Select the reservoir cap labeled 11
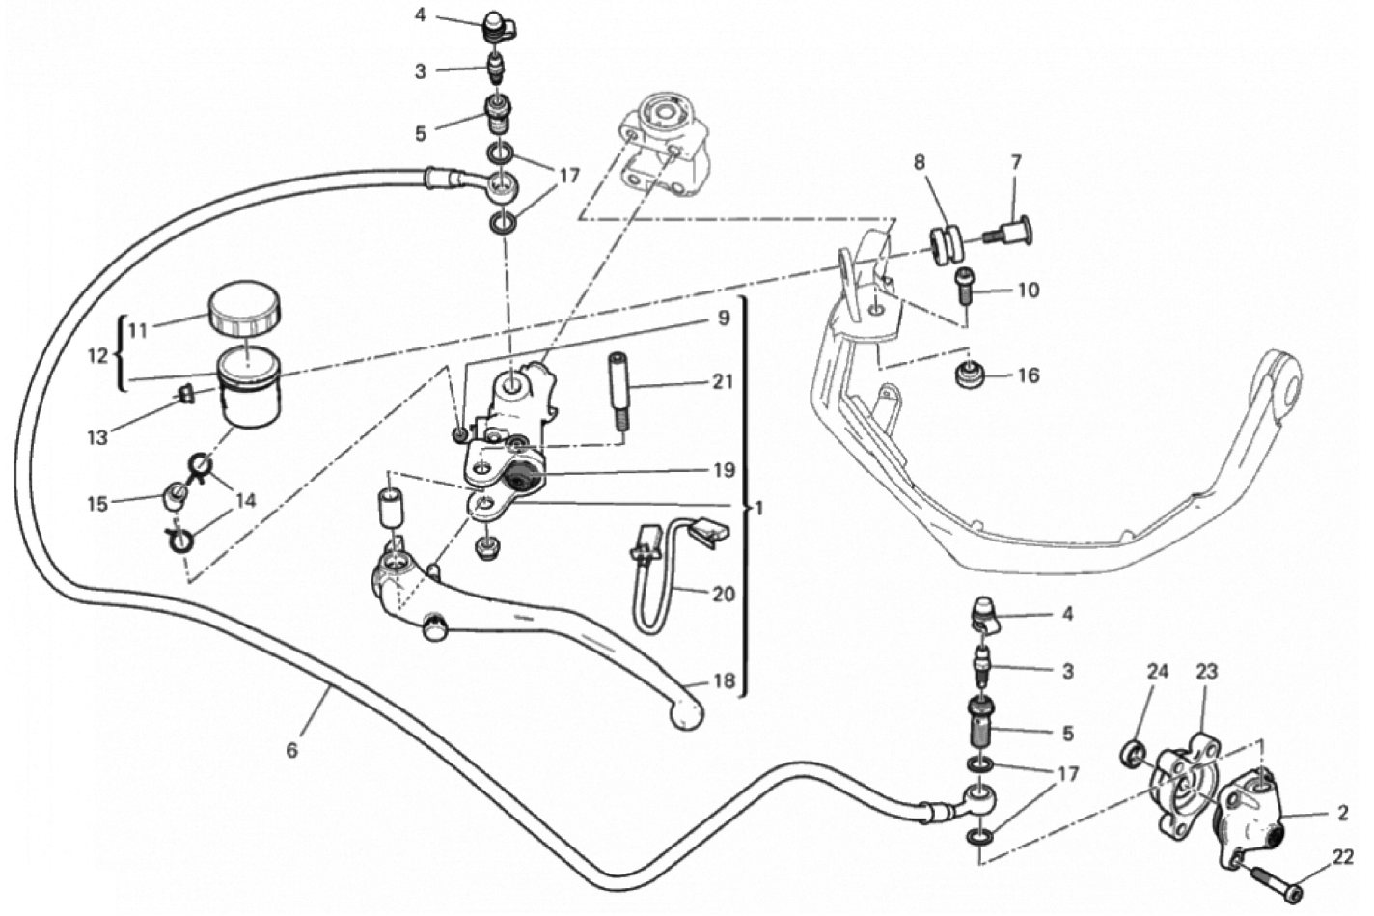click(x=243, y=305)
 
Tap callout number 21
click(x=723, y=381)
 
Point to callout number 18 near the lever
click(x=723, y=680)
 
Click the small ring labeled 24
click(x=1135, y=751)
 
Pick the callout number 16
click(x=1029, y=375)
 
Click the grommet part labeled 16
click(x=966, y=375)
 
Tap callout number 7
click(x=1015, y=163)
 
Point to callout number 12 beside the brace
click(x=97, y=355)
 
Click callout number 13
click(x=97, y=437)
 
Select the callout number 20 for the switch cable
click(x=723, y=594)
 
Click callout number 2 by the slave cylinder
click(x=1342, y=813)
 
